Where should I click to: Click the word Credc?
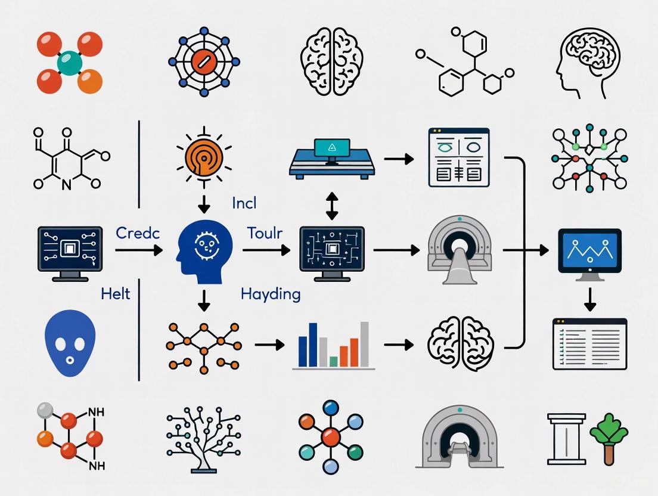[138, 233]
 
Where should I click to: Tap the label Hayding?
[271, 294]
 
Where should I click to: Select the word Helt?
[116, 293]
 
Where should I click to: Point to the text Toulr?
[264, 233]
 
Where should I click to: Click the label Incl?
[244, 203]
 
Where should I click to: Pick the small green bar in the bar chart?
[334, 361]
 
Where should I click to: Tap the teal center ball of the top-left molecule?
[70, 62]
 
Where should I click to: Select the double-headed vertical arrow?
[331, 206]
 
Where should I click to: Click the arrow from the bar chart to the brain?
[399, 344]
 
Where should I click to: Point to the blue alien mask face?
[70, 343]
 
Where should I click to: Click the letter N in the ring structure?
[66, 185]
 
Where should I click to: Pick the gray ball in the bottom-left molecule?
[44, 410]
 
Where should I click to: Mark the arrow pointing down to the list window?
[590, 299]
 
